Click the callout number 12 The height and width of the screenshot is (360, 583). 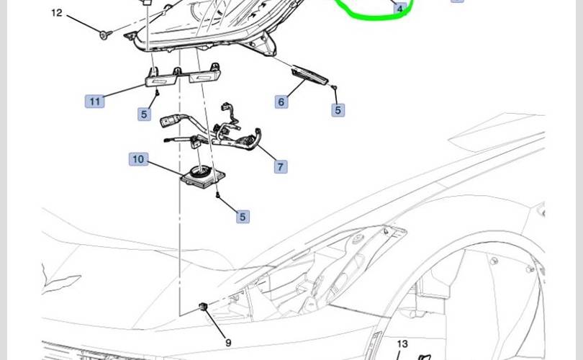(x=57, y=13)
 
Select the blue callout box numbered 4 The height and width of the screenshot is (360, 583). (x=400, y=9)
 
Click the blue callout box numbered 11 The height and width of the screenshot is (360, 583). (x=94, y=101)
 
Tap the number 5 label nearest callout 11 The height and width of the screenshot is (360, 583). (x=145, y=114)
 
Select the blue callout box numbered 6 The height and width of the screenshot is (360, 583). (x=281, y=102)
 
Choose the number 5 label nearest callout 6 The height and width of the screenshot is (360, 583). (x=338, y=110)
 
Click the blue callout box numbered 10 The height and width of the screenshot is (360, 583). (x=138, y=158)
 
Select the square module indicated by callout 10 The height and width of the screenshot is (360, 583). (x=201, y=175)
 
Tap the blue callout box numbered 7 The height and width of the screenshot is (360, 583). (x=280, y=166)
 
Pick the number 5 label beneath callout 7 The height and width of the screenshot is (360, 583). (x=243, y=216)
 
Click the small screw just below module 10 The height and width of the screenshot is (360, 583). (x=217, y=196)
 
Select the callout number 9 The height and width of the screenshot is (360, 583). (x=228, y=343)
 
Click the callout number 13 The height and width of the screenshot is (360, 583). (x=402, y=344)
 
